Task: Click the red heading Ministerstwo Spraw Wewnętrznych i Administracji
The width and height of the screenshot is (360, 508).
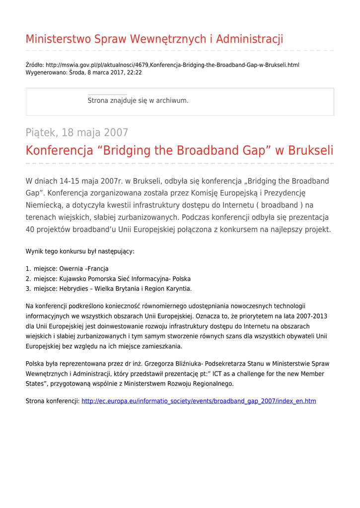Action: coord(154,39)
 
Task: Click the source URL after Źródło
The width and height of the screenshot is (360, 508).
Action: coord(172,65)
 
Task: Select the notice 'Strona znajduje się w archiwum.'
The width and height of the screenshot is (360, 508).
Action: coord(138,101)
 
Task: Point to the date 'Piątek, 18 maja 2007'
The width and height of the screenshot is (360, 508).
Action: coord(77,133)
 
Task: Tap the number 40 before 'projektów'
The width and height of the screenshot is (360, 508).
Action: coord(30,230)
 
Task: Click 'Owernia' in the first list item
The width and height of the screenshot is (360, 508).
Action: coord(71,269)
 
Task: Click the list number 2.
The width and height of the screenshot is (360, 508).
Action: coord(28,279)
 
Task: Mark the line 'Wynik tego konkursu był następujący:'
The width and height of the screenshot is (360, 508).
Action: coord(80,252)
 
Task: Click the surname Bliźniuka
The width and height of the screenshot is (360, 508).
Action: coord(174,364)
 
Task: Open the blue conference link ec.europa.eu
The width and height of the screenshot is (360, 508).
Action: coord(199,401)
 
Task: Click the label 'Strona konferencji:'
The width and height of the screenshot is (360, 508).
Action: coord(52,401)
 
